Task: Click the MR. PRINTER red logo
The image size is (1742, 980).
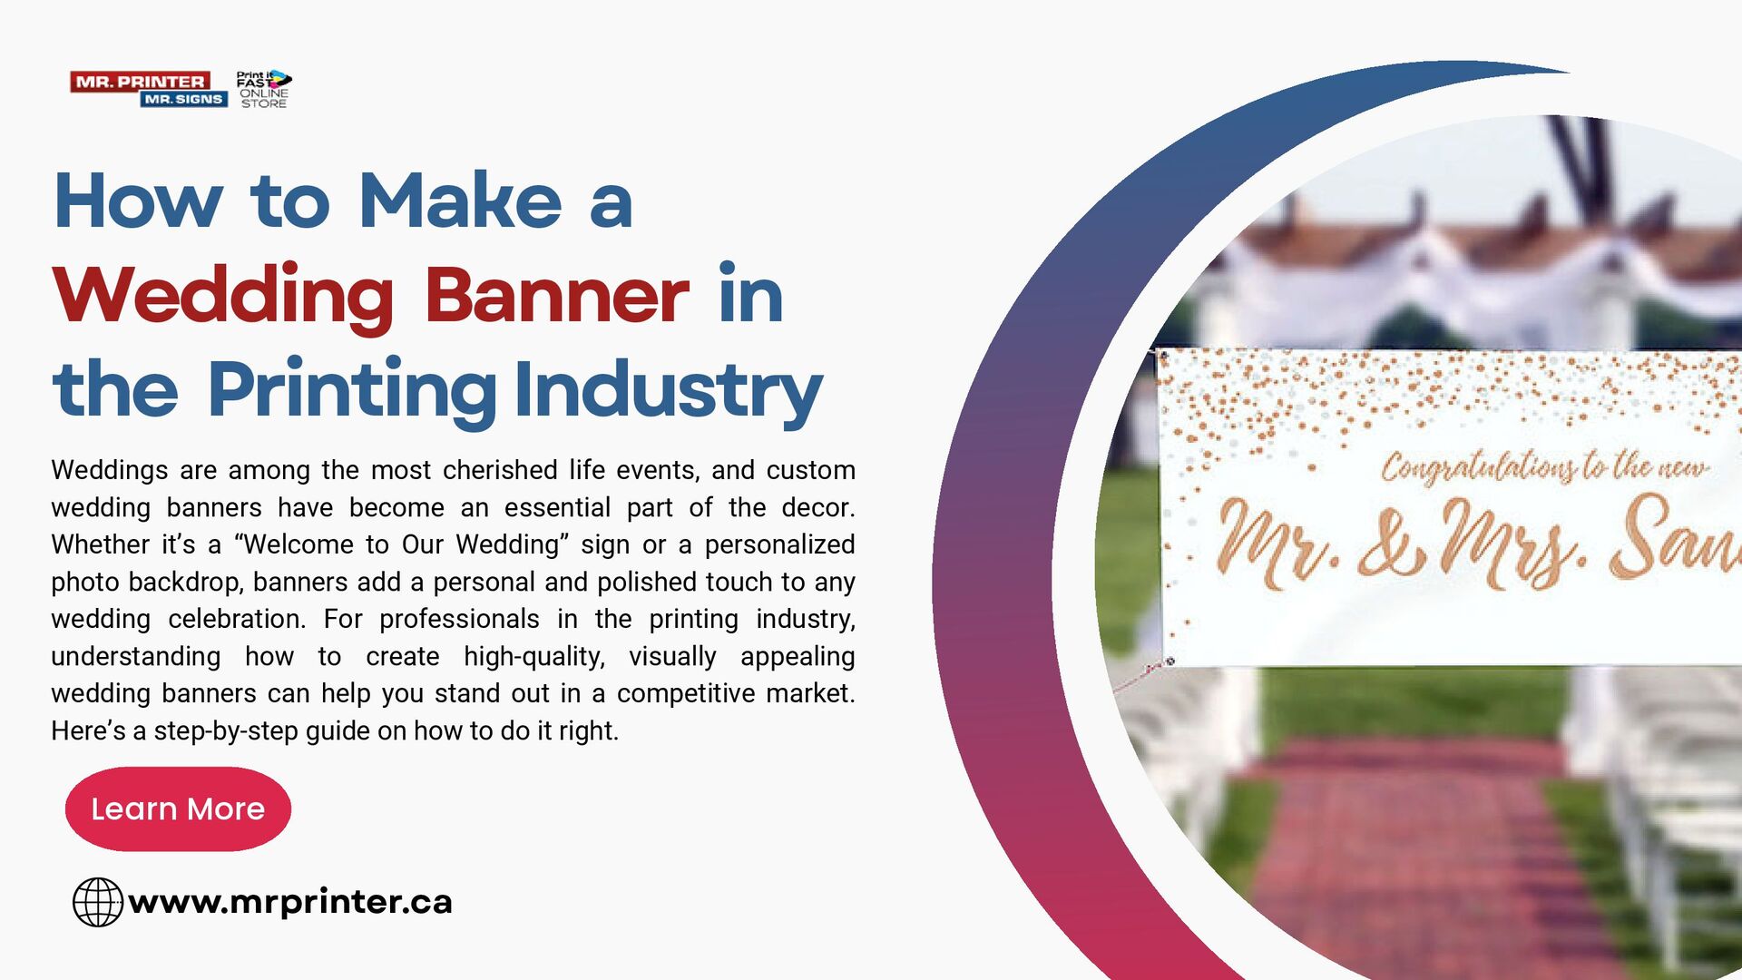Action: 140,82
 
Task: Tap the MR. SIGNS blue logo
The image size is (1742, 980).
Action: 183,99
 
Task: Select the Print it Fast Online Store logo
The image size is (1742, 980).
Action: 263,89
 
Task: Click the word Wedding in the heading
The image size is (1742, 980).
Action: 222,296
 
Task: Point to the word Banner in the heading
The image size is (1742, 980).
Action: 556,296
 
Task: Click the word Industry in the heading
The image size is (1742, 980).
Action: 668,390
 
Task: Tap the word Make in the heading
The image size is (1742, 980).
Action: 460,201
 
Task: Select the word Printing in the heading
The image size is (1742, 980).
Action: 351,390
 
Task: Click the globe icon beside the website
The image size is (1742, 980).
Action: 97,902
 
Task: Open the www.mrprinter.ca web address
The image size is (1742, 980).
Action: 290,902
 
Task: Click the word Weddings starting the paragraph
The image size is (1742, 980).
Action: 109,470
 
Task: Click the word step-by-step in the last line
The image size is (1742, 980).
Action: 225,730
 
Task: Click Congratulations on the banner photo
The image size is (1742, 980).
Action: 1479,466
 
